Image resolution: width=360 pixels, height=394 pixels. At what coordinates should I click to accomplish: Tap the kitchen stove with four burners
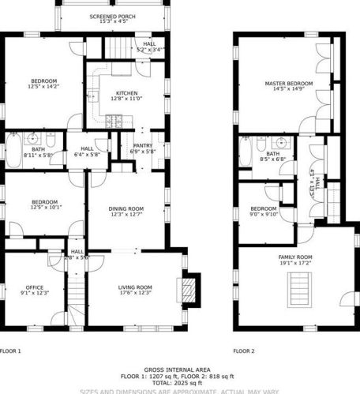tap(114, 121)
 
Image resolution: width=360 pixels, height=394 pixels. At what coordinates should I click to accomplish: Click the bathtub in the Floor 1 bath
tap(17, 148)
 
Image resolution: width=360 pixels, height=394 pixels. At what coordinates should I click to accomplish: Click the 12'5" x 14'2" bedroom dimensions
tap(45, 87)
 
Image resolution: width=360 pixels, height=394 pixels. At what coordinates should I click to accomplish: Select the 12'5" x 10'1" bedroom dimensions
tap(45, 208)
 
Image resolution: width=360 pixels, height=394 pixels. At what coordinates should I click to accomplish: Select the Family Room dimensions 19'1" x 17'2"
tap(294, 263)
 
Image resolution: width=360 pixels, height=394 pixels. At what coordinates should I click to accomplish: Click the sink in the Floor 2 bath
tap(281, 144)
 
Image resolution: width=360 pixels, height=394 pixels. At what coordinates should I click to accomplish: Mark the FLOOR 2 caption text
tap(243, 350)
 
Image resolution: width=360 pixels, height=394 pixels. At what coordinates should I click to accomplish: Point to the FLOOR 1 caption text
tap(11, 350)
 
